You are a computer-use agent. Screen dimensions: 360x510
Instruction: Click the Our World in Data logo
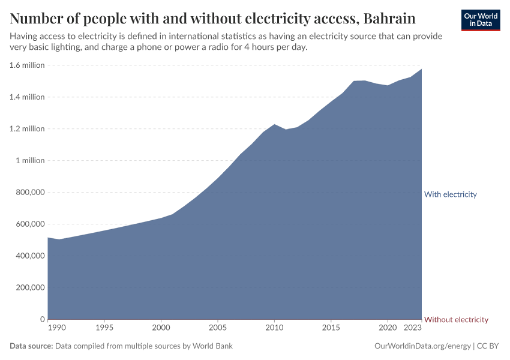[480, 20]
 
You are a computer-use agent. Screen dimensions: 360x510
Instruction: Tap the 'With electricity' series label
[450, 194]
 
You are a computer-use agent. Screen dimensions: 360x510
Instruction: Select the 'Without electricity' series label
[455, 320]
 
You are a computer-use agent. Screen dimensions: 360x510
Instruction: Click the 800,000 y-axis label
[29, 193]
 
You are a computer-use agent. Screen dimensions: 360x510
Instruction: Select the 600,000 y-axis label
[29, 224]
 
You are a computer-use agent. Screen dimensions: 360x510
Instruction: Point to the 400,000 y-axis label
[29, 256]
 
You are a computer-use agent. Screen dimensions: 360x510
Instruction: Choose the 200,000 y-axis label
[29, 287]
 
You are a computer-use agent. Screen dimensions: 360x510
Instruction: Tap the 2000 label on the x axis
[161, 328]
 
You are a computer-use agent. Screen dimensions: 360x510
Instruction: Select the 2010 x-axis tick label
[274, 328]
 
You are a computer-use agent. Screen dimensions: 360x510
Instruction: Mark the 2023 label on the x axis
[413, 328]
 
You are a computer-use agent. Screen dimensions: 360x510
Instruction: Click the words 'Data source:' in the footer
[31, 346]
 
